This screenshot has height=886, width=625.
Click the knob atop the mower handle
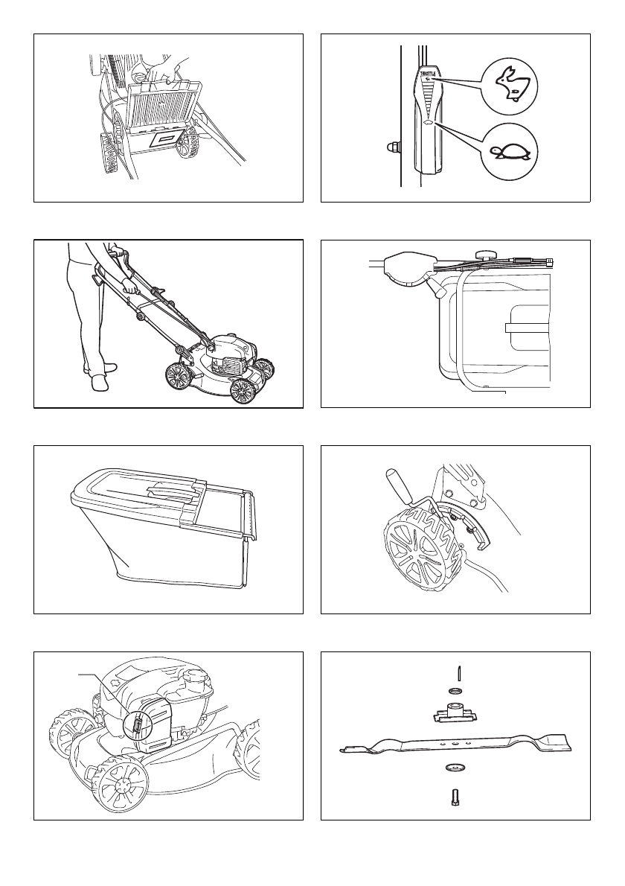(488, 255)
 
